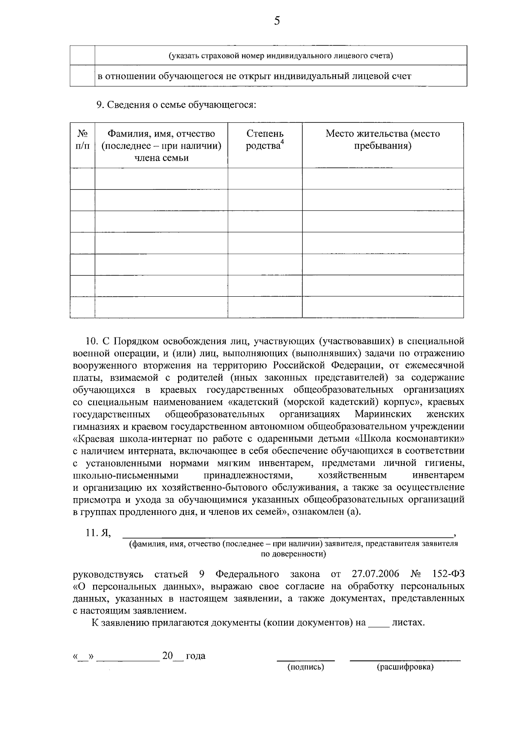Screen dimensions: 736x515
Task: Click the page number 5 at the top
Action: pos(276,21)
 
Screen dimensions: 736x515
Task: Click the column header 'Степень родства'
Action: pos(265,140)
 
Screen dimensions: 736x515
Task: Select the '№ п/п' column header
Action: pos(82,140)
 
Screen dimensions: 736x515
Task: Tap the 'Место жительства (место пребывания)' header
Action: pos(382,140)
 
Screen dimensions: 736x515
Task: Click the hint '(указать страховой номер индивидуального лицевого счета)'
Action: pos(281,56)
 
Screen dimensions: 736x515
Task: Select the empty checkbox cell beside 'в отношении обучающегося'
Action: pos(82,76)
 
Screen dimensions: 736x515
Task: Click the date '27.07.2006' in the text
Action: pos(375,574)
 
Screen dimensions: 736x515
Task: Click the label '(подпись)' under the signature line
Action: pos(305,667)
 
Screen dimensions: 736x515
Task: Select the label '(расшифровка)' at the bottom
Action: pos(405,667)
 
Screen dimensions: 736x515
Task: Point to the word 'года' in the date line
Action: pos(195,656)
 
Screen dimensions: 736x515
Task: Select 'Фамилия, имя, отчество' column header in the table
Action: pos(161,134)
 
